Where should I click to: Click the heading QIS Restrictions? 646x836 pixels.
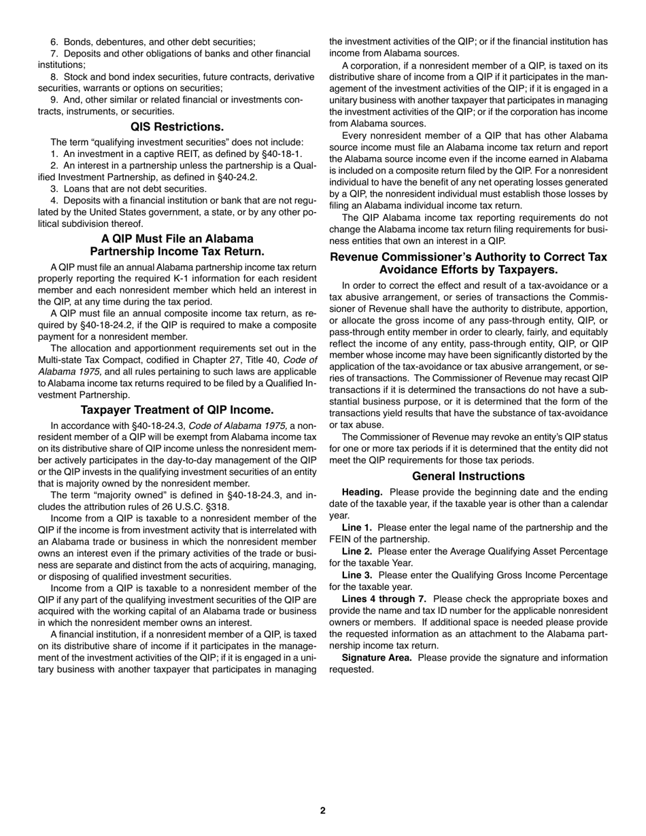coord(177,126)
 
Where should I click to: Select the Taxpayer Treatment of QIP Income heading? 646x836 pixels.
coord(177,410)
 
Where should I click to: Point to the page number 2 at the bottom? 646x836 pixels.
coord(323,809)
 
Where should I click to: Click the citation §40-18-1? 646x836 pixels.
coord(277,154)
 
